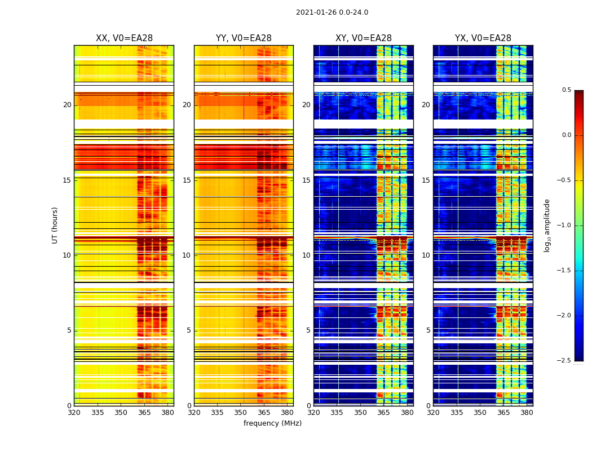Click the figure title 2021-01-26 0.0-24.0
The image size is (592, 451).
tap(332, 12)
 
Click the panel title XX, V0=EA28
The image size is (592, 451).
tap(124, 38)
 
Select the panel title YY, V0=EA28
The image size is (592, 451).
tap(244, 38)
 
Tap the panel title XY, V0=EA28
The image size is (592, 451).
tap(364, 38)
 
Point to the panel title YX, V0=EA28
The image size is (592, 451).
tap(483, 38)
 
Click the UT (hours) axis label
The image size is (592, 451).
tap(55, 225)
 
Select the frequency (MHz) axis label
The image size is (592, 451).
tap(272, 423)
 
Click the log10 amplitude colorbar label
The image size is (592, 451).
tap(547, 225)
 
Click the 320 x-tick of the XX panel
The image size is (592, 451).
tap(74, 412)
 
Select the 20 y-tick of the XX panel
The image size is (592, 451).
tap(67, 105)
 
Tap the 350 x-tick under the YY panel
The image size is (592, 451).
tap(241, 412)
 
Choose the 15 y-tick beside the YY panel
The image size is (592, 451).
tap(187, 180)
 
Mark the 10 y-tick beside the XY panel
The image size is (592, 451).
tap(306, 255)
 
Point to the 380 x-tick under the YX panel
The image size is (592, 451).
tap(527, 412)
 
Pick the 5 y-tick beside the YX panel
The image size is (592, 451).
tap(428, 330)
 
